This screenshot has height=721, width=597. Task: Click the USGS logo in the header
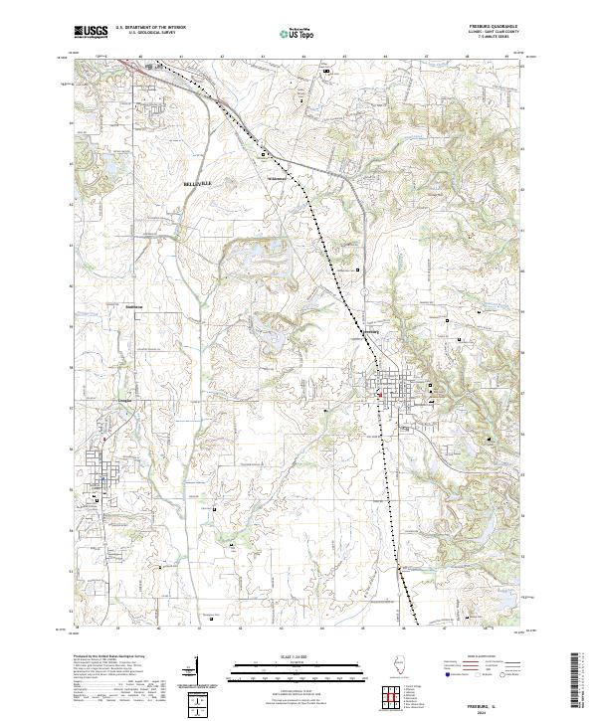pos(92,33)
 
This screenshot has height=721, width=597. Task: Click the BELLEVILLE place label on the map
pos(198,184)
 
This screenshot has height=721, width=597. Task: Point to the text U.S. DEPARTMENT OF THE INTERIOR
pos(145,27)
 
